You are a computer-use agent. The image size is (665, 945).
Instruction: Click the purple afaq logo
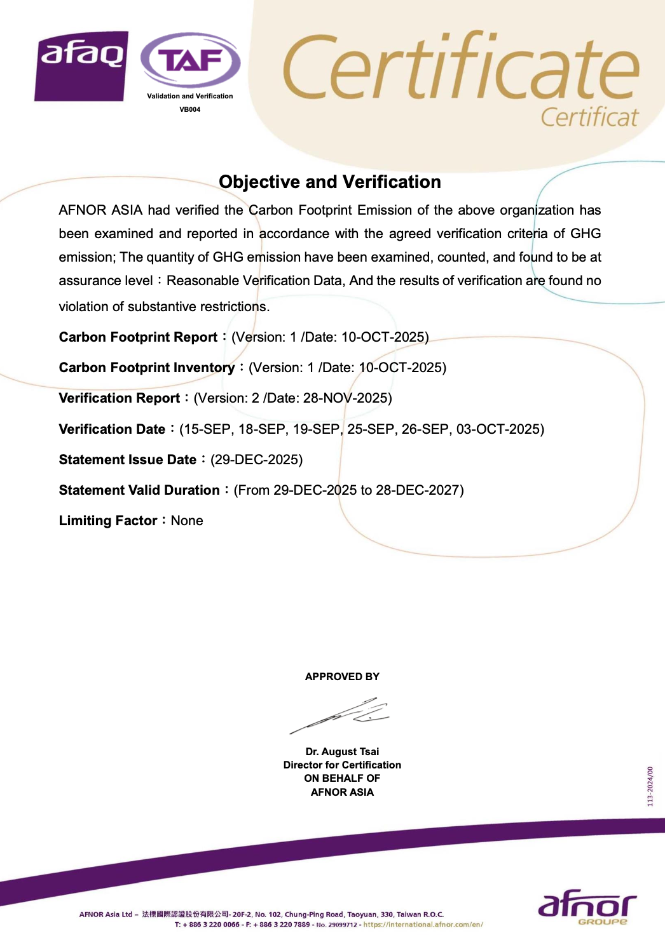pos(81,66)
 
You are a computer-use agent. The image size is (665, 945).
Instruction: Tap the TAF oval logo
pos(190,61)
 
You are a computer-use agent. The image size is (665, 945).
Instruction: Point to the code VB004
pos(189,109)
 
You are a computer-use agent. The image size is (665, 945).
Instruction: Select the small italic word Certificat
pos(589,117)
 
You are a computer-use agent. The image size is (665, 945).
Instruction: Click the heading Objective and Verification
pos(329,182)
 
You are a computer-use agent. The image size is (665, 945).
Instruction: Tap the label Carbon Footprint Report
pos(138,337)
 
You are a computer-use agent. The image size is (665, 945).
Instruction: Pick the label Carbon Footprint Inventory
pos(147,368)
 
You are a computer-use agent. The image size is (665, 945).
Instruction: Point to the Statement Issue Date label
pos(128,460)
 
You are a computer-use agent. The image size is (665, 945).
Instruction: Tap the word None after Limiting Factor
pos(187,521)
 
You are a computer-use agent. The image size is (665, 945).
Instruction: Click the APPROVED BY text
pos(342,677)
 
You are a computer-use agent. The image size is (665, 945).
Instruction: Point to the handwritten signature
pos(341,715)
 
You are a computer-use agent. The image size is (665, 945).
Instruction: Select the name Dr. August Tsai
pos(342,752)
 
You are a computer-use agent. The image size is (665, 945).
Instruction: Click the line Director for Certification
pos(342,765)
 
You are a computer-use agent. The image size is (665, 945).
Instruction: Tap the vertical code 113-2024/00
pos(650,787)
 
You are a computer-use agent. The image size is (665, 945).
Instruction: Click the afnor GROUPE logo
pos(587,908)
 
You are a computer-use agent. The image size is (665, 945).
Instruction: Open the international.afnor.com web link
pos(423,925)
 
